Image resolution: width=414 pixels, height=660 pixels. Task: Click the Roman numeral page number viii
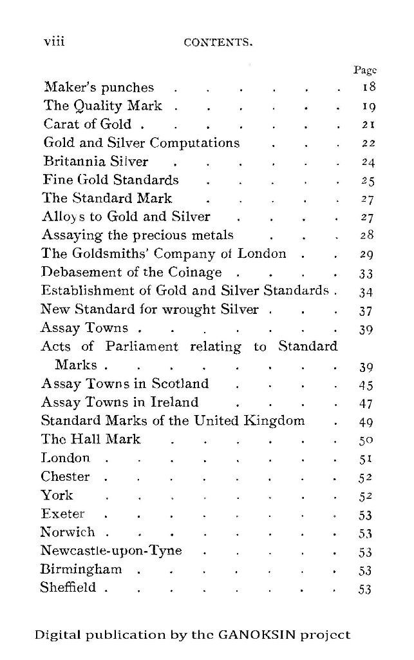point(54,42)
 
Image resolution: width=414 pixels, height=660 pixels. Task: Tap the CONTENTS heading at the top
point(218,44)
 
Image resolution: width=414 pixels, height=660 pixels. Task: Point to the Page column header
point(365,70)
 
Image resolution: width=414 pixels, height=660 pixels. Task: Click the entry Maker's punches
point(99,88)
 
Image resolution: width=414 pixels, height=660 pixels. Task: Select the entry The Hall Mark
point(91,440)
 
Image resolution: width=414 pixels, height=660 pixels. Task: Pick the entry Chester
point(65,477)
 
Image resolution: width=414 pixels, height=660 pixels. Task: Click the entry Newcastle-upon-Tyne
point(111,551)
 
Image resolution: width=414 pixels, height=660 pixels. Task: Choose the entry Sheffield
point(68,588)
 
